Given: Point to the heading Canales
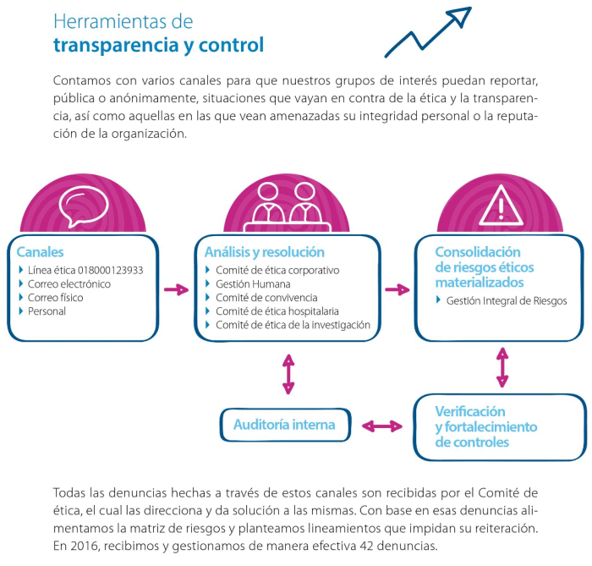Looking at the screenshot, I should [x=40, y=252].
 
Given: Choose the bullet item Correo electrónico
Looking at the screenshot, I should [x=69, y=284].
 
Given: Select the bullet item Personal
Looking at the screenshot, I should [x=47, y=311].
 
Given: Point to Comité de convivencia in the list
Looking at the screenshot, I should [x=266, y=298].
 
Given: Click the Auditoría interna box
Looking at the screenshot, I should [x=284, y=425].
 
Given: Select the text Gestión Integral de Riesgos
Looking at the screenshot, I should [x=507, y=300].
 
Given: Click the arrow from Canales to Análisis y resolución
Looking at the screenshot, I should [x=176, y=290].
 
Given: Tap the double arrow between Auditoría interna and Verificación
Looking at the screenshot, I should [x=381, y=426].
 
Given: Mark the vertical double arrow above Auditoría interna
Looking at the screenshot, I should [x=288, y=374].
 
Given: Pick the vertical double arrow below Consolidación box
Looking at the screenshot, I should [x=503, y=365].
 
